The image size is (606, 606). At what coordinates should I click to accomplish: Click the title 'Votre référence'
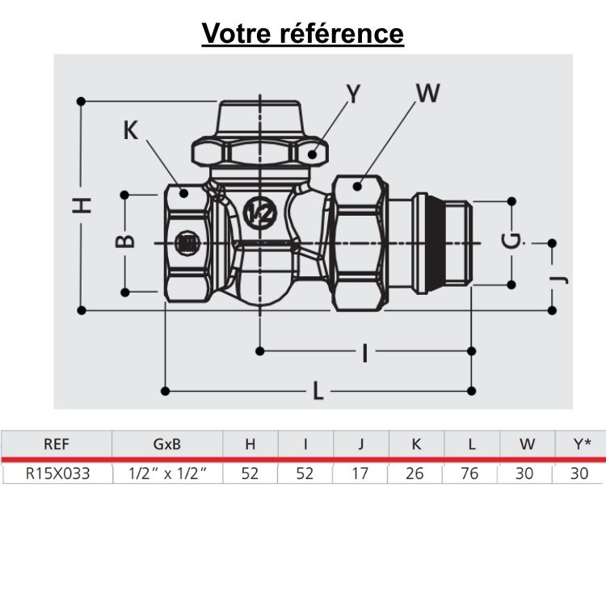[302, 33]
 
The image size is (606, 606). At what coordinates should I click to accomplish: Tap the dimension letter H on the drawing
[83, 205]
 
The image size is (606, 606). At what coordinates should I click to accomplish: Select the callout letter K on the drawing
[131, 130]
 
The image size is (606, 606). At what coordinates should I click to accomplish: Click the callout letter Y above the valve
[353, 95]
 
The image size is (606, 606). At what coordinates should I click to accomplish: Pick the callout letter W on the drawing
[427, 94]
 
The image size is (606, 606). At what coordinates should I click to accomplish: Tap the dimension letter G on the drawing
[511, 240]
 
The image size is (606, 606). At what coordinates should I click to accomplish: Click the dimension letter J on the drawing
[562, 279]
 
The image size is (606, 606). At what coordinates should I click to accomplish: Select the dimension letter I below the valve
[365, 352]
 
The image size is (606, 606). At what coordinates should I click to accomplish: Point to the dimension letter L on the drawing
[318, 393]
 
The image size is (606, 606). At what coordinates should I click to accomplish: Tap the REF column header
[56, 444]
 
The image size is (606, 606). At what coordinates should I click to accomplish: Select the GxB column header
[166, 444]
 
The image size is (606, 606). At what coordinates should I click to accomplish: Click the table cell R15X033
[56, 473]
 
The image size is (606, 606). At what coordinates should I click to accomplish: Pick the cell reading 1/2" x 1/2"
[166, 473]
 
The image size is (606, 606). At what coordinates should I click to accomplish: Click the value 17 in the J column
[360, 473]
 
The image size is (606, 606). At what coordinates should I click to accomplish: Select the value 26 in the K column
[415, 473]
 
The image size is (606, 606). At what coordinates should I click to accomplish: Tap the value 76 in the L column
[469, 473]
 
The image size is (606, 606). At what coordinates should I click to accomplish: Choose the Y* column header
[579, 444]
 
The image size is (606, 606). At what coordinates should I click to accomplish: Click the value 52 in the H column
[250, 473]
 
